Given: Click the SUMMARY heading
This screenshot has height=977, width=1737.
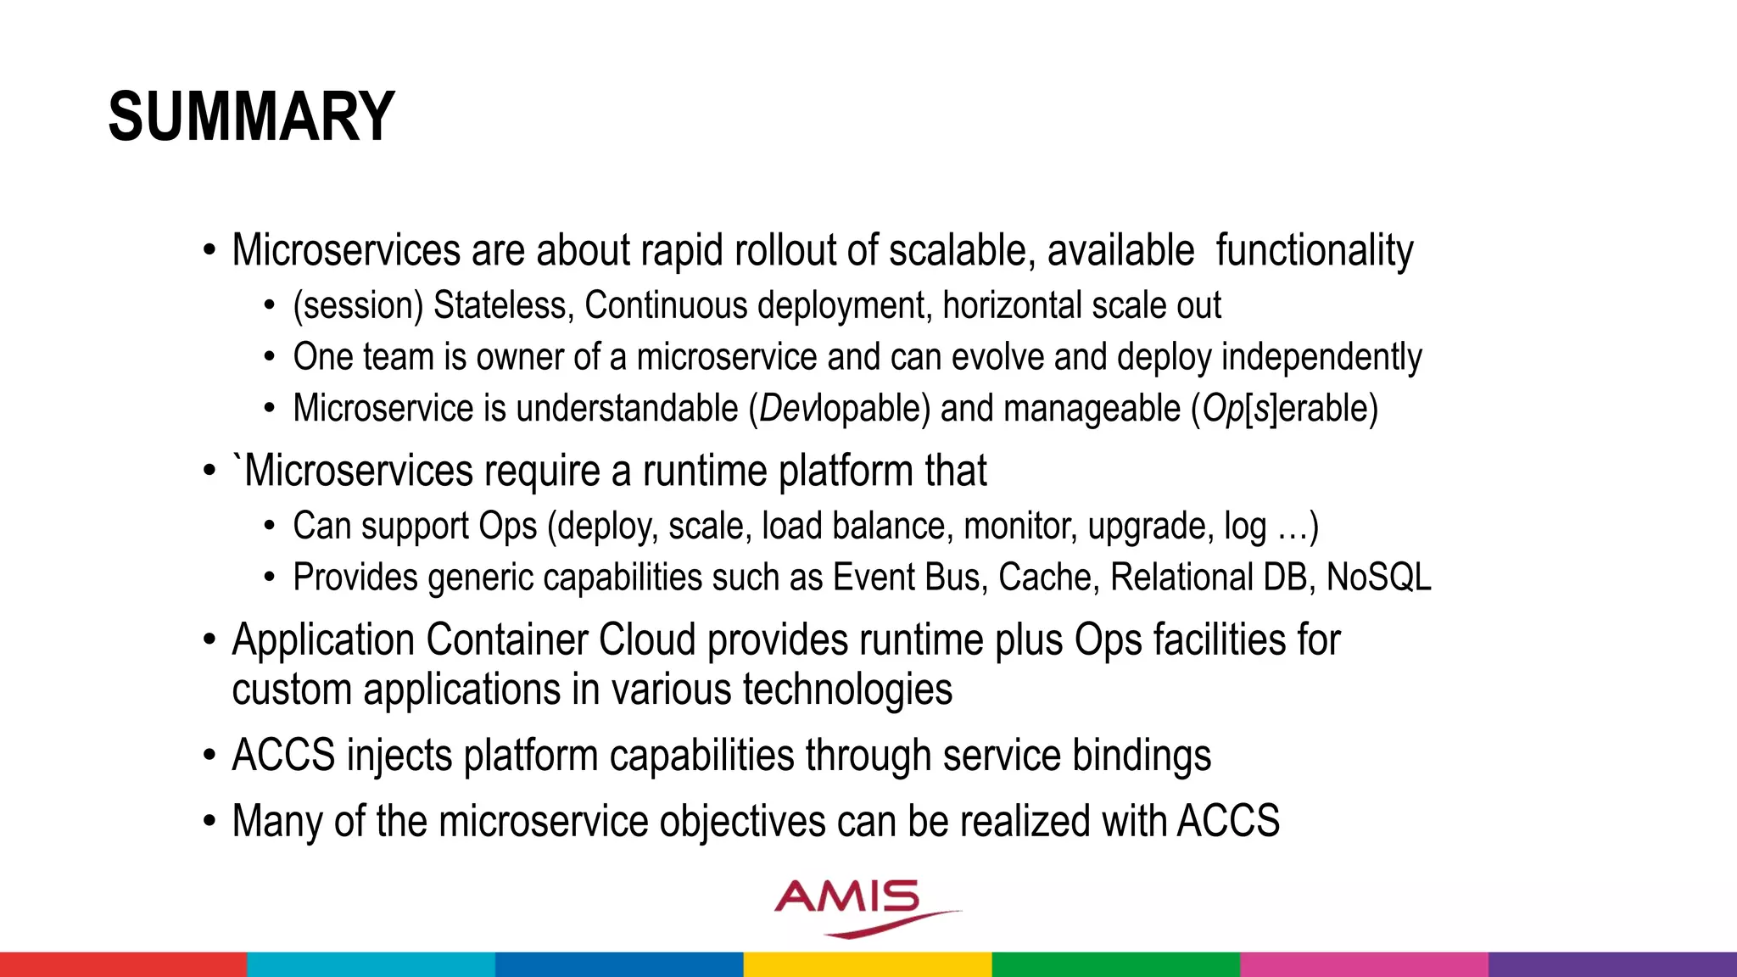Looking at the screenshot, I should [251, 117].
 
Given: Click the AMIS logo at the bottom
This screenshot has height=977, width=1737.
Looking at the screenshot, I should [857, 906].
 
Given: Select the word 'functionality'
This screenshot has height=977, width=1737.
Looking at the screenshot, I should [1314, 251].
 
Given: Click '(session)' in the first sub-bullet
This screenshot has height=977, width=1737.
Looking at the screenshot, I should [357, 305].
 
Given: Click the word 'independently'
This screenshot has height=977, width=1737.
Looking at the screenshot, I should [1321, 357].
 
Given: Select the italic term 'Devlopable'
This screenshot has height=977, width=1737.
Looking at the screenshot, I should [839, 409].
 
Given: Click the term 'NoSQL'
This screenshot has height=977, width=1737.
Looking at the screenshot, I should [1378, 578].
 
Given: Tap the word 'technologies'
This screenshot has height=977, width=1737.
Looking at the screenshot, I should [847, 689].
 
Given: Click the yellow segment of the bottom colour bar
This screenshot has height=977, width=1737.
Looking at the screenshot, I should [868, 964].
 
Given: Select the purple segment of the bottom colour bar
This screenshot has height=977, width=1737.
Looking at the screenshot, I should [1612, 964].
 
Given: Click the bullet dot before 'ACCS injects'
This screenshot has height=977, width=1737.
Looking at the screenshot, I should [209, 756].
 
